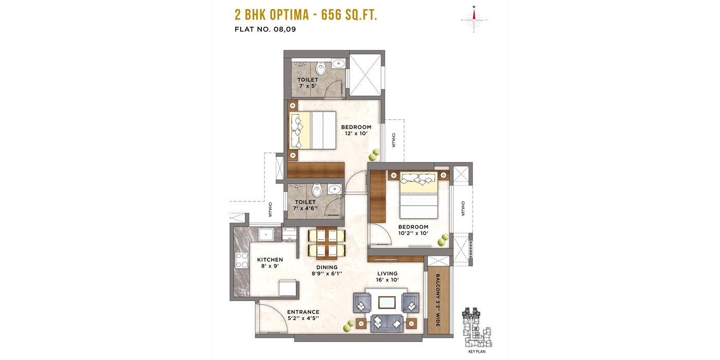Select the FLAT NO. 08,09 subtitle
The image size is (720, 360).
click(265, 29)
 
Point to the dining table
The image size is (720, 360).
click(327, 243)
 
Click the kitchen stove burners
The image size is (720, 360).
click(242, 260)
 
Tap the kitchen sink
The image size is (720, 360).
click(266, 234)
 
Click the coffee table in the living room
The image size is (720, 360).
click(387, 302)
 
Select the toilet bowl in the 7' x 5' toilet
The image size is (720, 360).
click(320, 68)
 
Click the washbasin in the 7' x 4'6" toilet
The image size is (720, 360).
click(335, 189)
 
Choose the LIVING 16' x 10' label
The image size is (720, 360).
click(387, 277)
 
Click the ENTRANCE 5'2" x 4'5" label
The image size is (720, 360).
click(303, 315)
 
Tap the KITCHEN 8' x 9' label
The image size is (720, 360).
click(270, 263)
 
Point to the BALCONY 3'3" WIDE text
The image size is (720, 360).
click(438, 300)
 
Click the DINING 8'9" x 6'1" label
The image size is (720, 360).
click(327, 271)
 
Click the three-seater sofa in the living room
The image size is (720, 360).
click(387, 323)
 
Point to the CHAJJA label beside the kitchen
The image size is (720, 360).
click(270, 210)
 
